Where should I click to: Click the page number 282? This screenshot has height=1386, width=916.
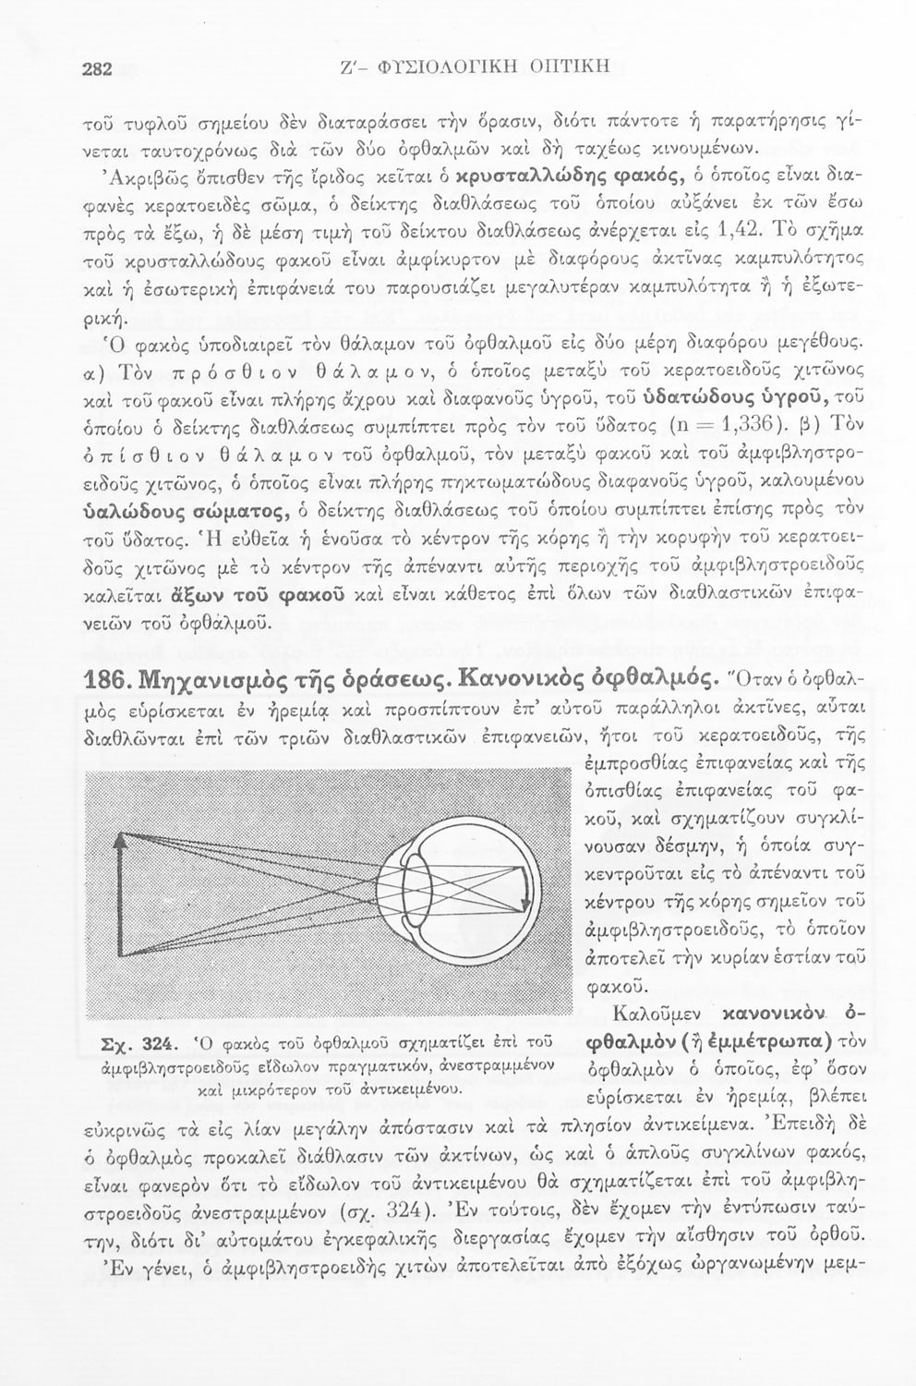pyautogui.click(x=97, y=67)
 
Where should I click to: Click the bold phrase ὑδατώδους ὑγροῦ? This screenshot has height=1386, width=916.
pyautogui.click(x=729, y=398)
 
